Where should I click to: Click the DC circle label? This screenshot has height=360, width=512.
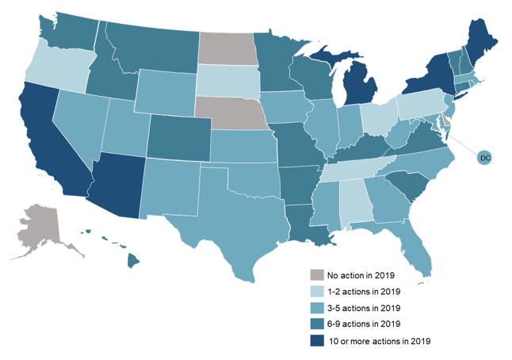(485, 159)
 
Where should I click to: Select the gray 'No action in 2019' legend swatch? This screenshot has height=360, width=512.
(316, 274)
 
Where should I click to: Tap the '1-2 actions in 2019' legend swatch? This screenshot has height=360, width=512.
(316, 291)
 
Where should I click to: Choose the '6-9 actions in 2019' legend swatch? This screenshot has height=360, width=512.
(316, 324)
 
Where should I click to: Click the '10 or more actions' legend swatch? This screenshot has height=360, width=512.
(316, 340)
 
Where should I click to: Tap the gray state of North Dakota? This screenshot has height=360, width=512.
(227, 48)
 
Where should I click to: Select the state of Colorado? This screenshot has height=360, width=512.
(179, 136)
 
